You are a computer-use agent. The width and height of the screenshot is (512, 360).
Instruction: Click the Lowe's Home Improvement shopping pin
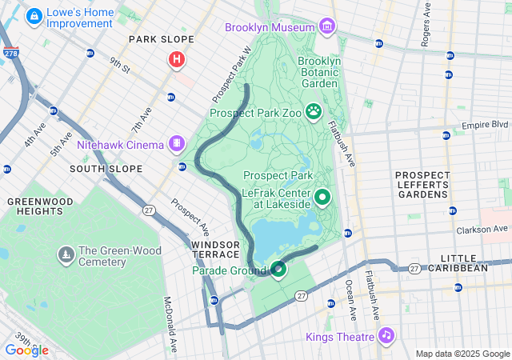(35, 15)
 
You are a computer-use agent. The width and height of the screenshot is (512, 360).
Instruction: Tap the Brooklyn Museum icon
(326, 27)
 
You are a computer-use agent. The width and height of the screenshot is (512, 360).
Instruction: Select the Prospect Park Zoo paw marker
(314, 112)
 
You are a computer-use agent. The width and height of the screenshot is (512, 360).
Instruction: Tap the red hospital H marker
(176, 59)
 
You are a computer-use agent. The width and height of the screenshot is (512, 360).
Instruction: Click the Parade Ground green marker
(278, 270)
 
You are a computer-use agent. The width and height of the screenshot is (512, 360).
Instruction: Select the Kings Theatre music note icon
(386, 335)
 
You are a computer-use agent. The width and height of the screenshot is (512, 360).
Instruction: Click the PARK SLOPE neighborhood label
(162, 39)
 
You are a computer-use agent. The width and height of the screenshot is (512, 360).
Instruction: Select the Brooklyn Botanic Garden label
(321, 71)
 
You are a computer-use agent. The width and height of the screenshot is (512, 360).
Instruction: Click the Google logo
(26, 350)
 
